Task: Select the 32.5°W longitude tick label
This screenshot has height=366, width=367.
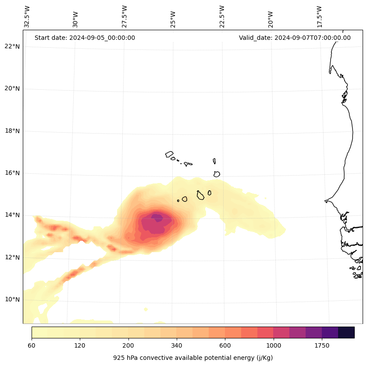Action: coord(27,17)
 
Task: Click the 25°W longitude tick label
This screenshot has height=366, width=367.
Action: coord(173,19)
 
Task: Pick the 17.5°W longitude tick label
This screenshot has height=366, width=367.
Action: coord(319,17)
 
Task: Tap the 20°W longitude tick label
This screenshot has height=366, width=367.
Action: coord(271,19)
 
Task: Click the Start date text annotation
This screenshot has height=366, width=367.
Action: coord(85,38)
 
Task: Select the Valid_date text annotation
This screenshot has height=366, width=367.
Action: coord(295,38)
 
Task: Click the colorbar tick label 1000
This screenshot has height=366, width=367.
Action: coord(274,346)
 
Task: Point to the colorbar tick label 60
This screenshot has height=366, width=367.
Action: coord(32,346)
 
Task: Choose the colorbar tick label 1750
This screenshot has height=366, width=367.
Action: coord(322,346)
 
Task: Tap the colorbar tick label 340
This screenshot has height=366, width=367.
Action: coord(177,346)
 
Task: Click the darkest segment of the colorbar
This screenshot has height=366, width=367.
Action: coord(346,332)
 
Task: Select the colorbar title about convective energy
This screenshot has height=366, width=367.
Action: coord(193,358)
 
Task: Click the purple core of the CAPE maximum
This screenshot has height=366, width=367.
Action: coord(157,218)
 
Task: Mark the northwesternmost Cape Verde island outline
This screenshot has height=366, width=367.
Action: coord(169,154)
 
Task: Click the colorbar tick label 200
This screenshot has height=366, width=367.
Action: coord(128,346)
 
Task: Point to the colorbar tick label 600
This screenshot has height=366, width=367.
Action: coord(225,346)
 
